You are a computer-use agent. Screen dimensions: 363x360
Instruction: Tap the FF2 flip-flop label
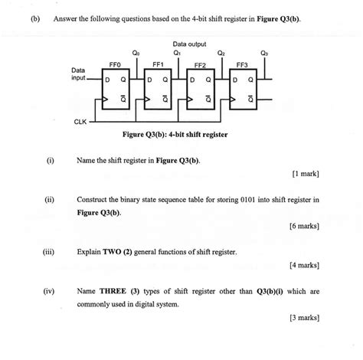(201, 67)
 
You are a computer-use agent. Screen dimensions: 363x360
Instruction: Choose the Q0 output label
(136, 53)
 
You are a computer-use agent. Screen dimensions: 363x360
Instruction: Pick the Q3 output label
(264, 53)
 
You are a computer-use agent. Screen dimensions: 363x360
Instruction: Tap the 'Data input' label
(78, 75)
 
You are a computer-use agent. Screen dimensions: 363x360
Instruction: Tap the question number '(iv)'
(50, 291)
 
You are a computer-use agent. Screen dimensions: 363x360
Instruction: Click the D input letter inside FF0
(107, 79)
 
